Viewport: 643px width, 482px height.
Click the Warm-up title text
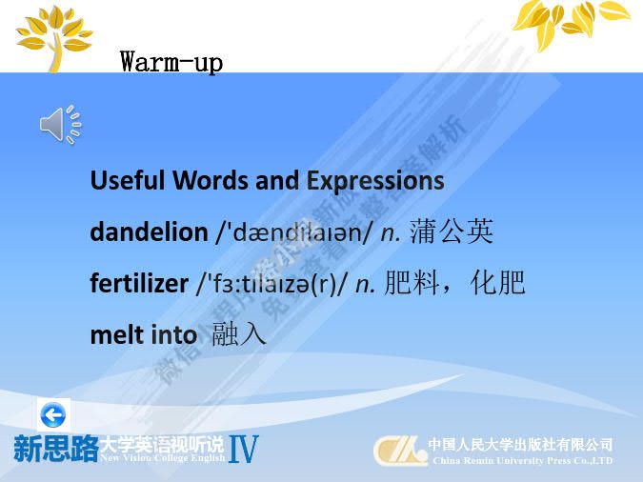[171, 63]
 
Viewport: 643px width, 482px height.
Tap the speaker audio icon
[59, 125]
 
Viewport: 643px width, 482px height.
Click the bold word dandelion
[148, 231]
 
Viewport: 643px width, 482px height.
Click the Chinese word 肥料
[402, 283]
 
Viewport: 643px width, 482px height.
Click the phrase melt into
[143, 335]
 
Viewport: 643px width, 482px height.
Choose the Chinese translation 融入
[239, 335]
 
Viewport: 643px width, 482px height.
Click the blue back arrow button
[53, 414]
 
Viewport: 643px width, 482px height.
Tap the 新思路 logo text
[55, 449]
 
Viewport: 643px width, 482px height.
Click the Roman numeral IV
[243, 449]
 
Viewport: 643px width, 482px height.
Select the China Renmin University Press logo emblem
[399, 451]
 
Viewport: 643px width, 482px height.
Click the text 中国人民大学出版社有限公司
[520, 444]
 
